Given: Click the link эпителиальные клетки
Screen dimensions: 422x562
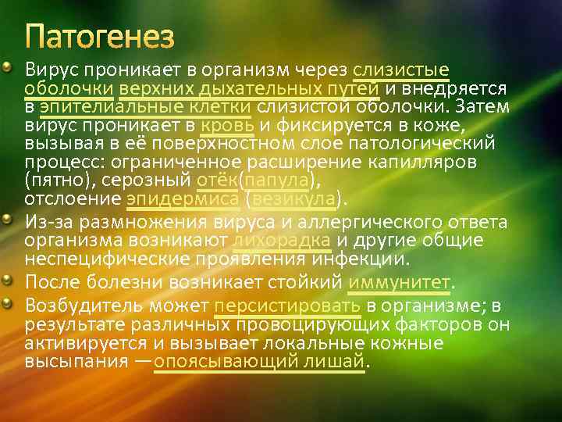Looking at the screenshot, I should coord(144,105).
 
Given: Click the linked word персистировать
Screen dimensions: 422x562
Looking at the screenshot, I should coord(287,304).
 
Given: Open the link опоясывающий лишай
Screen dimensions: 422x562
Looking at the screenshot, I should coord(259,362).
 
